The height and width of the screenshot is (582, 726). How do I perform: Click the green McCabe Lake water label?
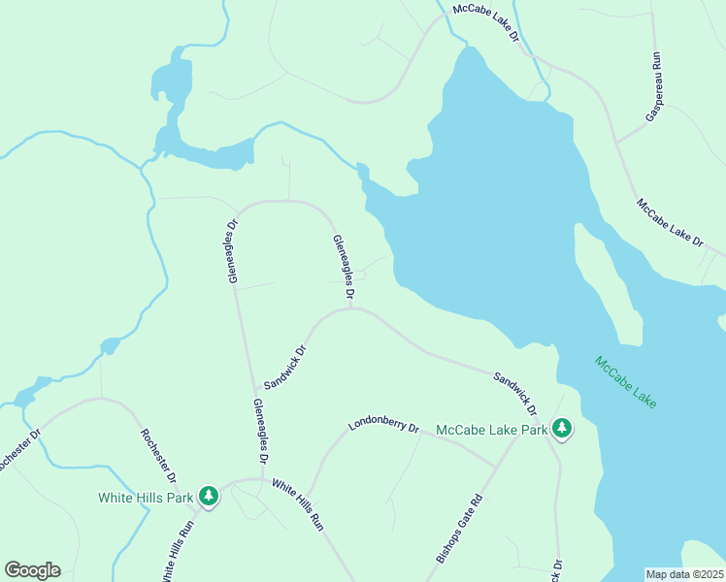(x=625, y=383)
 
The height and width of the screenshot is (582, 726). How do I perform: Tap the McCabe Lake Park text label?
(x=491, y=429)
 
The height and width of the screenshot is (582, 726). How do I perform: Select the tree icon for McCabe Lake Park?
(x=561, y=428)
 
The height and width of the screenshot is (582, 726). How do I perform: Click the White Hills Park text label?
(x=146, y=498)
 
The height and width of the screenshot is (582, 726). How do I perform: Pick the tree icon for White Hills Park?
(x=208, y=497)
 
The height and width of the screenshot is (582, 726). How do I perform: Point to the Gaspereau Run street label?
(x=654, y=86)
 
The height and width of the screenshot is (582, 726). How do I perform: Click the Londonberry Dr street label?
(x=383, y=426)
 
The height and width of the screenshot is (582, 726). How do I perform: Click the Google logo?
(x=32, y=569)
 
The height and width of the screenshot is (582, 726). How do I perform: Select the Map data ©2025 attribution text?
(x=684, y=574)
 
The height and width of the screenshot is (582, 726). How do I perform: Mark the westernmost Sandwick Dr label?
(x=285, y=368)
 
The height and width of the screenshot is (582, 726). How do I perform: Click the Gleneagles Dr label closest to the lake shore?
(x=344, y=267)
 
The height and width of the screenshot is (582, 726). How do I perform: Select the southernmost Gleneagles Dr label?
(x=260, y=430)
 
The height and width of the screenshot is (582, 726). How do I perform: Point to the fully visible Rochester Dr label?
(x=158, y=456)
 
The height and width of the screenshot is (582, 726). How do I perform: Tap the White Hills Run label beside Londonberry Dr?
(x=297, y=504)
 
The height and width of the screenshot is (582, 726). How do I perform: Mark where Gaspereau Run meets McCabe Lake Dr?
(x=615, y=143)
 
